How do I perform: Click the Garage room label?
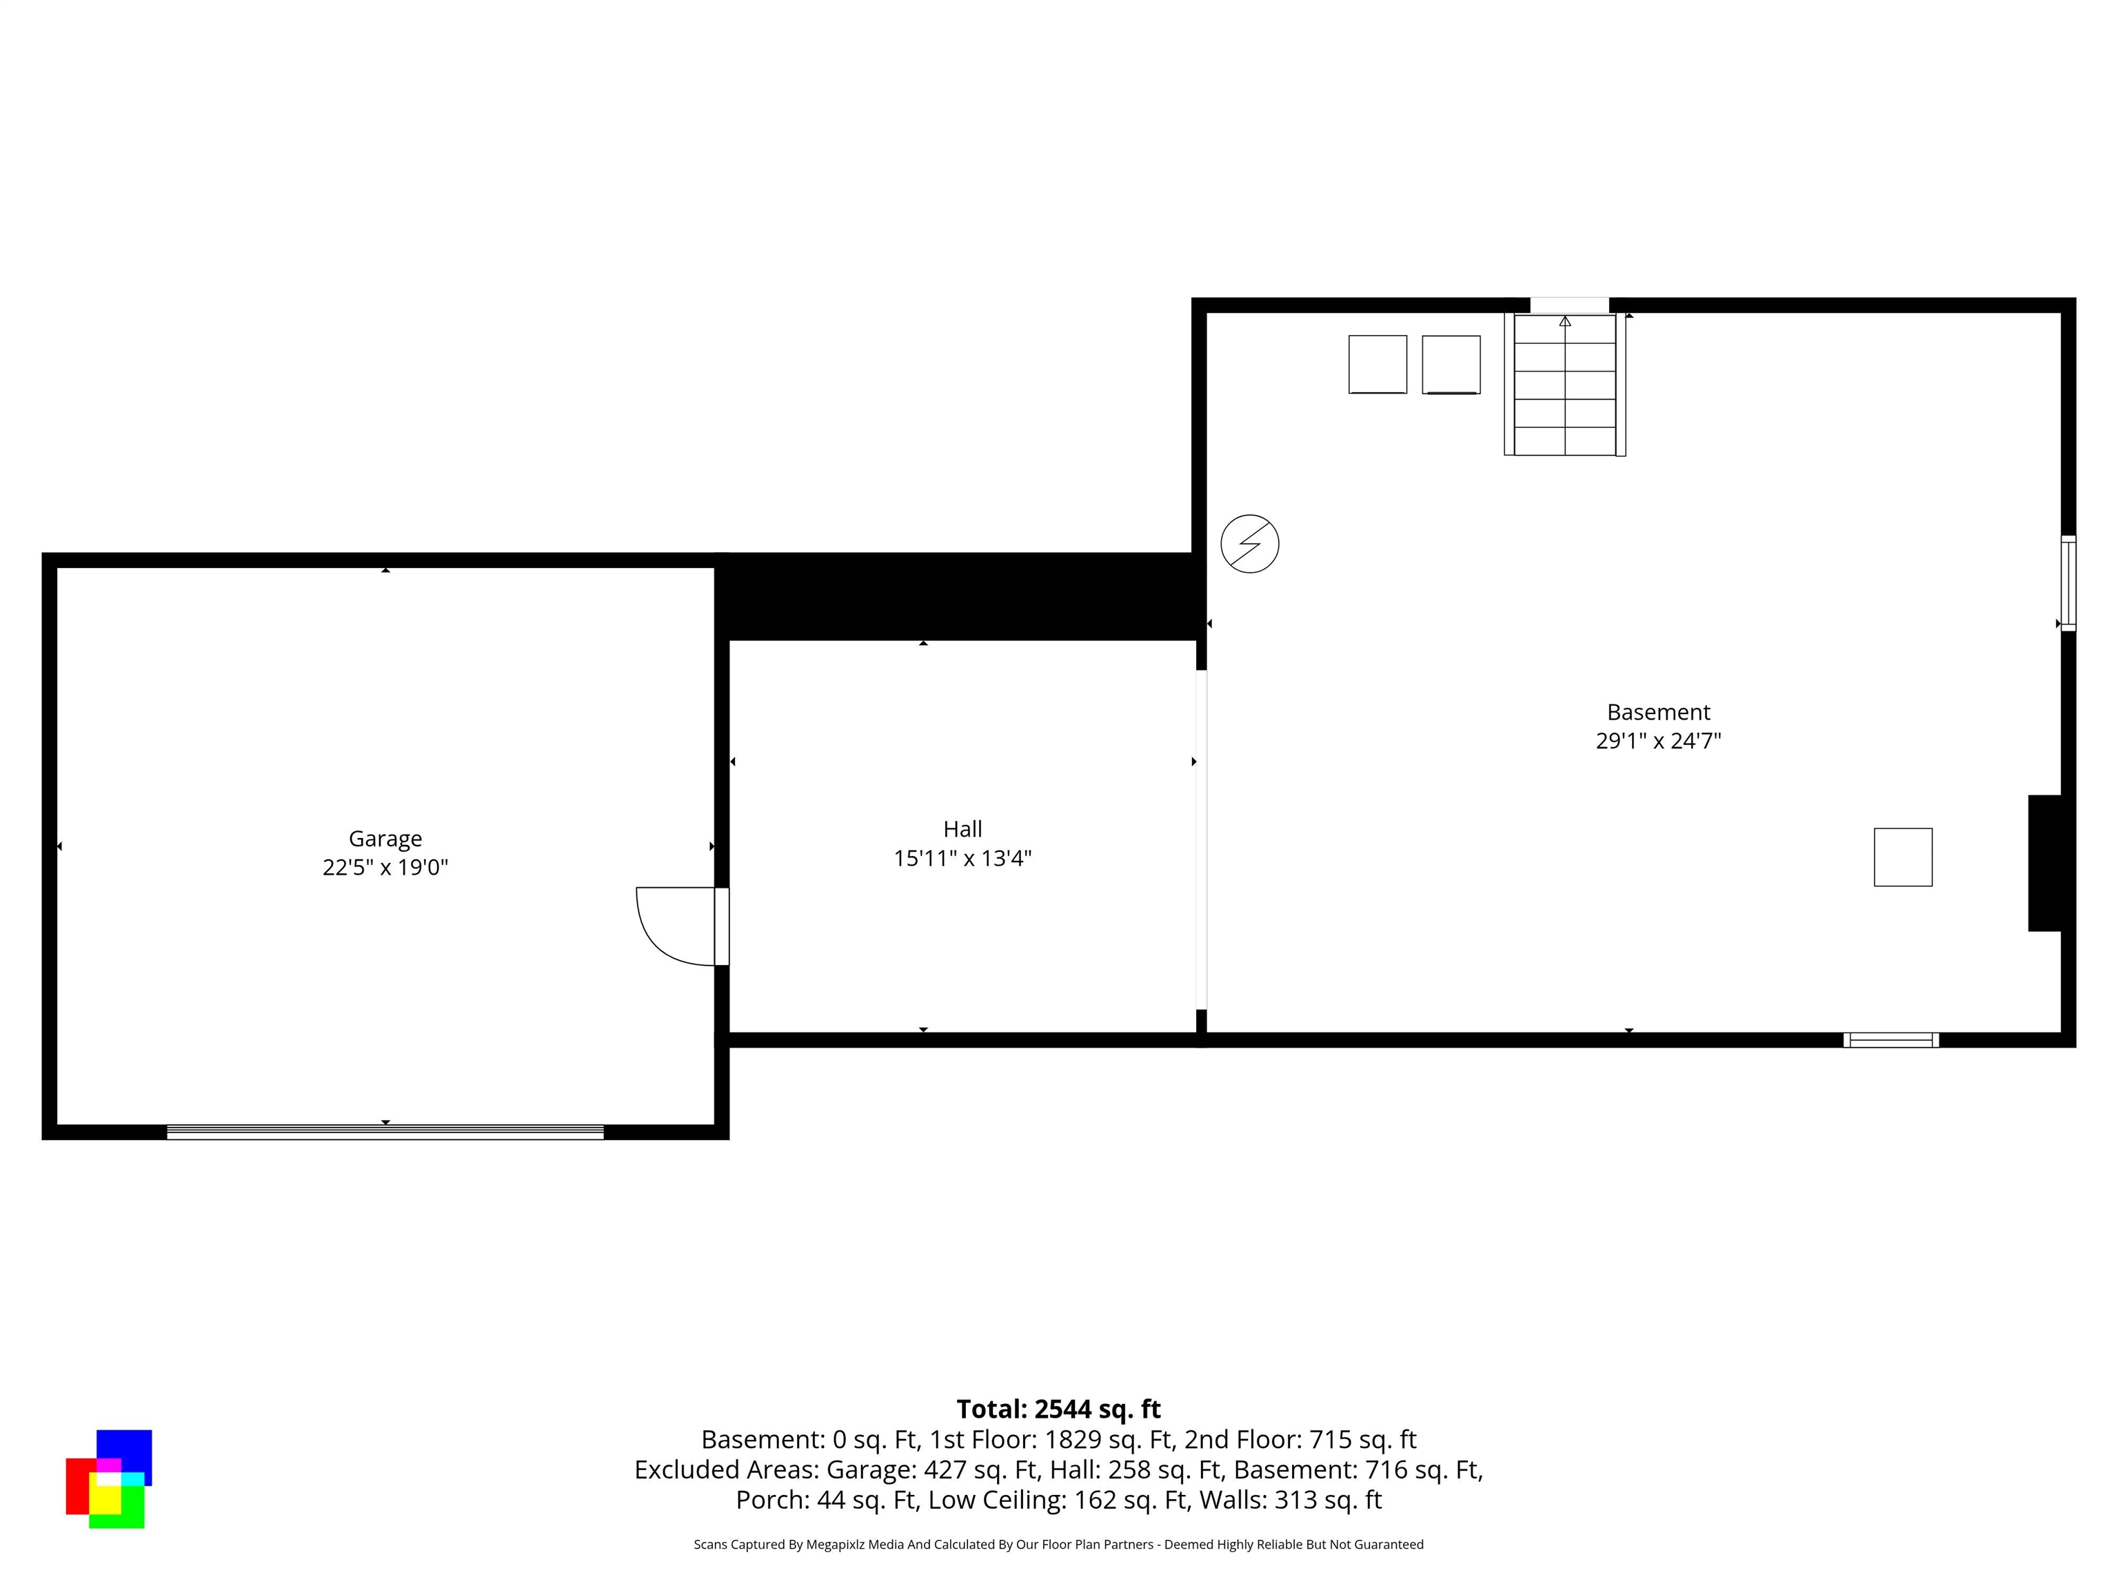385,839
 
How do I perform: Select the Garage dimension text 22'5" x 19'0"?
385,867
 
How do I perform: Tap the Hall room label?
962,829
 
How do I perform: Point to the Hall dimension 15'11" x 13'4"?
962,857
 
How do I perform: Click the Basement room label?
1657,712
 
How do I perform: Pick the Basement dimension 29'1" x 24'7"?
1657,741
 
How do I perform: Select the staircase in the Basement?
1564,385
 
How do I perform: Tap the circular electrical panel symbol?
1249,544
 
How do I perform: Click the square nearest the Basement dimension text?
1903,857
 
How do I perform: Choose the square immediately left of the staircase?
1451,364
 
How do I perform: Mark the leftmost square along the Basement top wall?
1377,364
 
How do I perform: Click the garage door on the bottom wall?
385,1132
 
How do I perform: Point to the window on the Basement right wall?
2068,583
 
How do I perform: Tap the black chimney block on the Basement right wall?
2048,862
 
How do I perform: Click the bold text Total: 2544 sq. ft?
1058,1409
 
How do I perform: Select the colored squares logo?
108,1479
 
